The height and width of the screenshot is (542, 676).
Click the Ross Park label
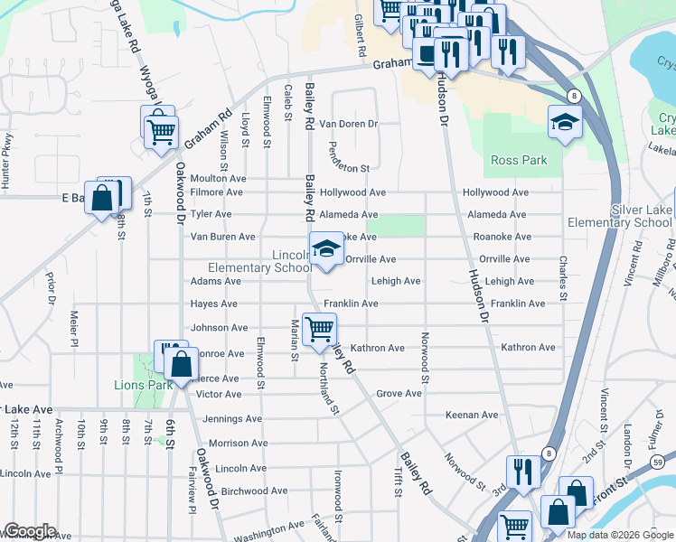[x=519, y=160]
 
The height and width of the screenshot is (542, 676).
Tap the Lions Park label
[x=137, y=385]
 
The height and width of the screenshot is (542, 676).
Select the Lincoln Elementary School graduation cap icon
[x=326, y=248]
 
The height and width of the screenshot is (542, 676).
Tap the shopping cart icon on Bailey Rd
[x=318, y=328]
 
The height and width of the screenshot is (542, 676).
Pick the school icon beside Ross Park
[x=565, y=121]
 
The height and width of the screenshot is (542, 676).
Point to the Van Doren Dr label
[x=349, y=123]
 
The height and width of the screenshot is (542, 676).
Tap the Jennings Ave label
[x=232, y=419]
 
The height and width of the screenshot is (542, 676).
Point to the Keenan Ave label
[x=472, y=415]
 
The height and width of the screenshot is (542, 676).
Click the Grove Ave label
[x=399, y=394]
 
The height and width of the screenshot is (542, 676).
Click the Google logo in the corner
[x=29, y=531]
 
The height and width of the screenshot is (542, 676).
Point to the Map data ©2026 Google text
[x=620, y=535]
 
